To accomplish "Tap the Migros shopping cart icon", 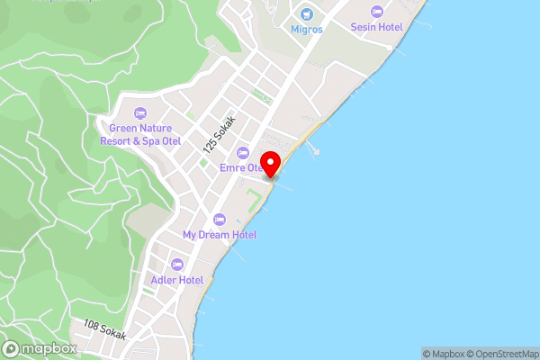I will pyautogui.click(x=307, y=13).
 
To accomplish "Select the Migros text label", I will pyautogui.click(x=307, y=29).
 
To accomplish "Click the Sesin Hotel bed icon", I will pyautogui.click(x=377, y=11).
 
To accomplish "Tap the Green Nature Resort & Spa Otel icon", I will pyautogui.click(x=139, y=112).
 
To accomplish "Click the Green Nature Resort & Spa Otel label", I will pyautogui.click(x=140, y=134).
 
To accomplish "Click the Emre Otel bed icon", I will pyautogui.click(x=242, y=151).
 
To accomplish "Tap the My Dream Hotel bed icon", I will pyautogui.click(x=219, y=219).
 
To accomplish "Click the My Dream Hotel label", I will pyautogui.click(x=220, y=235).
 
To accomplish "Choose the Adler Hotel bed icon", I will pyautogui.click(x=176, y=265).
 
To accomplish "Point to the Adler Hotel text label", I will pyautogui.click(x=177, y=280).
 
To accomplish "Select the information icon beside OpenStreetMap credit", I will pyautogui.click(x=534, y=354).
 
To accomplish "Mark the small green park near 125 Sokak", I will pyautogui.click(x=203, y=163).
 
